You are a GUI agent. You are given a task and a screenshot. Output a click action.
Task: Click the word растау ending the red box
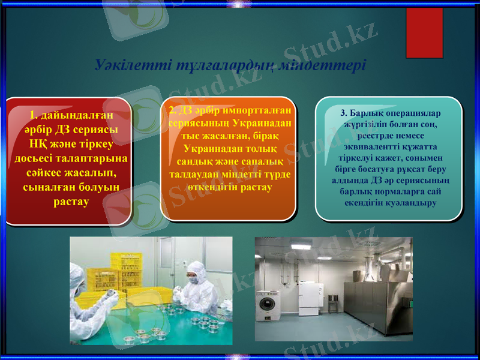(x=71, y=201)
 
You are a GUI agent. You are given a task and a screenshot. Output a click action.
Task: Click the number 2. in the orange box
(x=172, y=110)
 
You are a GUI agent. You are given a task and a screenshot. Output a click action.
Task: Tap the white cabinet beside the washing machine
(x=311, y=298)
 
